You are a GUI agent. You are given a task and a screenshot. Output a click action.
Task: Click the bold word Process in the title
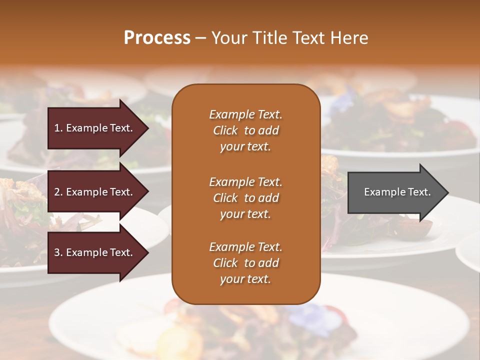(x=157, y=38)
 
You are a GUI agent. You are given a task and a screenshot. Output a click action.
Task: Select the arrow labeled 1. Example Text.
(x=95, y=128)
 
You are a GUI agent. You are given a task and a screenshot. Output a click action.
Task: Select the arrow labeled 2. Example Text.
(x=95, y=192)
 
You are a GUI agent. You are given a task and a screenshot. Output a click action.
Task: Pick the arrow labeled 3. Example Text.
(x=95, y=252)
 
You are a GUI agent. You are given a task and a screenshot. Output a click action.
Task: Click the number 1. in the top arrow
(x=58, y=128)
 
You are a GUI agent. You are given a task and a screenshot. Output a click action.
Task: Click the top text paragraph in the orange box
(x=245, y=130)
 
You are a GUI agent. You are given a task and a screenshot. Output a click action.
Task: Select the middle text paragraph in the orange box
(x=245, y=198)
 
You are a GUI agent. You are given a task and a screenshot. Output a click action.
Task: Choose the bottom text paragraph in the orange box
(x=245, y=263)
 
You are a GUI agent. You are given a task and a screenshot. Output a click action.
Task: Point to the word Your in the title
(x=229, y=38)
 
